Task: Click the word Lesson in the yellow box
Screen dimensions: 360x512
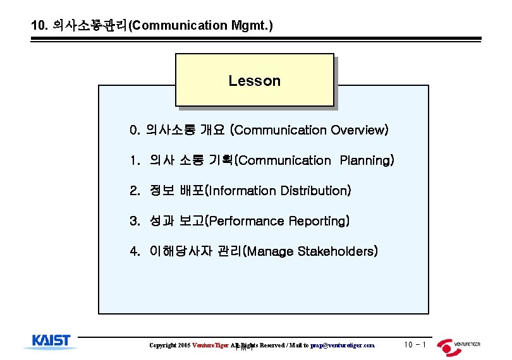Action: click(x=254, y=81)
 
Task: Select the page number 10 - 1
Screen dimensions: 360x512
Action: click(x=415, y=345)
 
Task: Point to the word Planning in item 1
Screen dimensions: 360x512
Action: click(x=367, y=161)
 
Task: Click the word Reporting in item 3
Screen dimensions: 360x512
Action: click(x=319, y=221)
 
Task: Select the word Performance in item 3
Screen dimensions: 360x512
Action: click(x=247, y=221)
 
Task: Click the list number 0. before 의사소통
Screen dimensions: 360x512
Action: click(x=134, y=131)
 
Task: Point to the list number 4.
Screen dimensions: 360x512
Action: click(x=134, y=251)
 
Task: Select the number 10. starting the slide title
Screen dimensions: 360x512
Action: click(x=40, y=26)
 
